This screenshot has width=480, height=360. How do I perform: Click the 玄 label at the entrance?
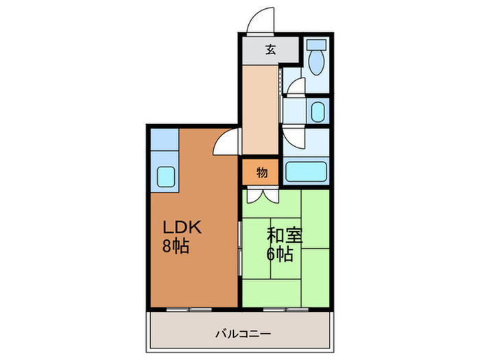(270, 49)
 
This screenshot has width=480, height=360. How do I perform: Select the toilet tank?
(316, 45)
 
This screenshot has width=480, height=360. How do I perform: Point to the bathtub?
(307, 171)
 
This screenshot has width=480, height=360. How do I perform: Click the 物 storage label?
(261, 173)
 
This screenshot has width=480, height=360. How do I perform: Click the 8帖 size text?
(176, 246)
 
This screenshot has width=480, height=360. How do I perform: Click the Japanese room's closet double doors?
(261, 195)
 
